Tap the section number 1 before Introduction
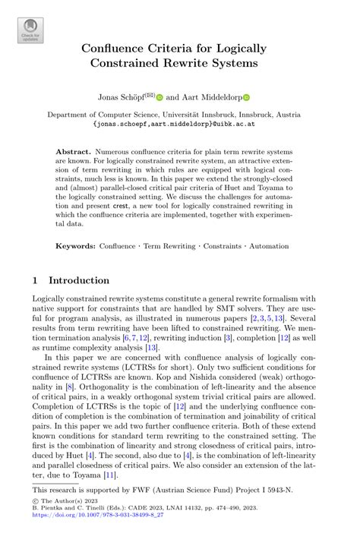tap(35, 280)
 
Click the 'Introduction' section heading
tap(79, 280)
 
